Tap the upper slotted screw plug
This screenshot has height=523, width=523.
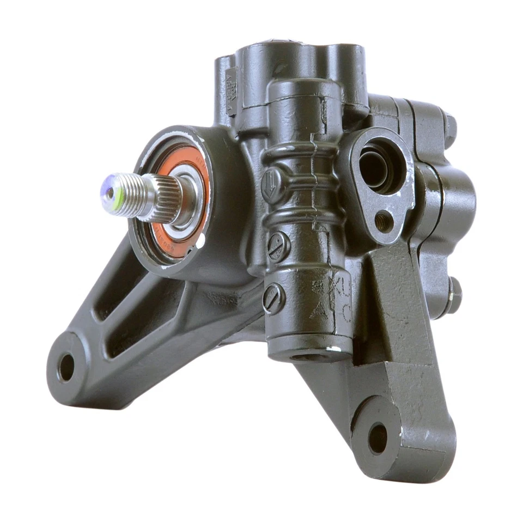click(x=279, y=246)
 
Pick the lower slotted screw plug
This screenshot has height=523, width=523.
click(x=273, y=297)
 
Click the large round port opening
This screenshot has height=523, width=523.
click(x=376, y=166)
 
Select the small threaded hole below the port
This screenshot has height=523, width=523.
click(x=384, y=220)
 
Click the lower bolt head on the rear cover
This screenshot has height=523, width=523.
click(x=453, y=295)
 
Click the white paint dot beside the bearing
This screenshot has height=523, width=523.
click(x=202, y=238)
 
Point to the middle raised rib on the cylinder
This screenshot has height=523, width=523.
click(x=297, y=180)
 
